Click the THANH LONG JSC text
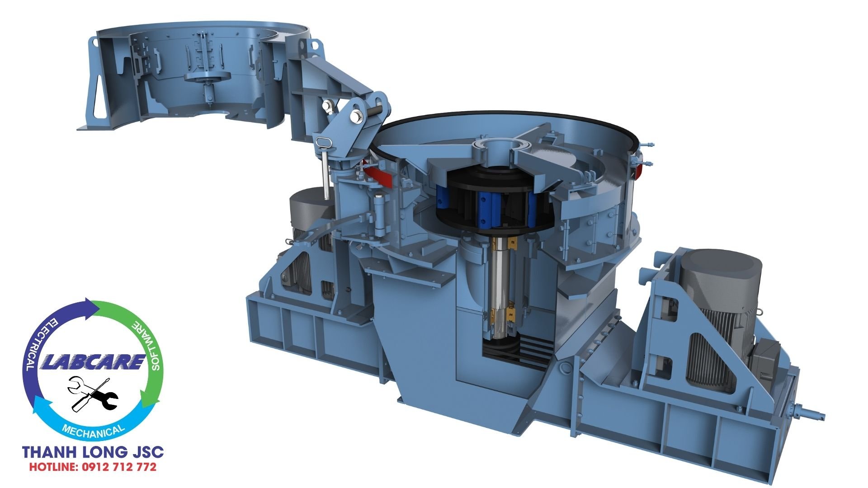(93, 452)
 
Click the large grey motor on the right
(719, 312)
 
